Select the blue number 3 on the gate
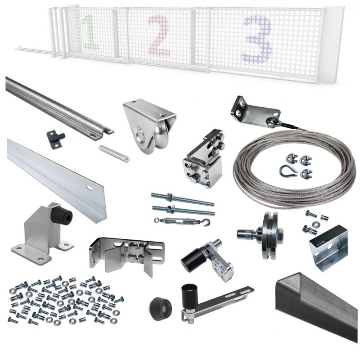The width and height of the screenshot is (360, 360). pyautogui.click(x=257, y=38)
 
